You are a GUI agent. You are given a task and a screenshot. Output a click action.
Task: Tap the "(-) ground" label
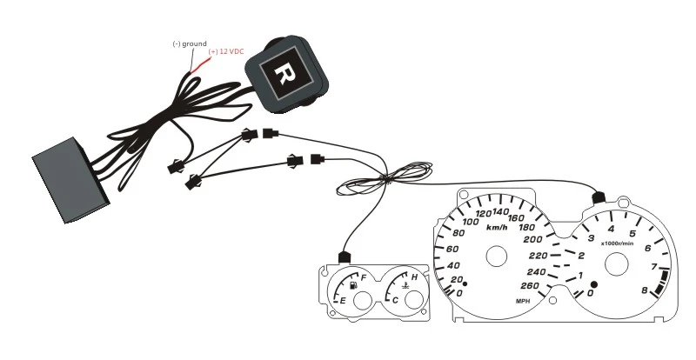188,43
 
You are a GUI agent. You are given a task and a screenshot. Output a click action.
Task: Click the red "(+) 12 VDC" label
226,51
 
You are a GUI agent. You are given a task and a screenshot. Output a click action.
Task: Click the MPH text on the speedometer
523,300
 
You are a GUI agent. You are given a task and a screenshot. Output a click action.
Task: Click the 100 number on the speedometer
473,222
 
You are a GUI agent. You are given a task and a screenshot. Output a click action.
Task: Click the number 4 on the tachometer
612,229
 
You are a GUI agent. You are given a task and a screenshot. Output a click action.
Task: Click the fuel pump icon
353,284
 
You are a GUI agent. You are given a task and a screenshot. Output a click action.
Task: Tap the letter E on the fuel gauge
343,301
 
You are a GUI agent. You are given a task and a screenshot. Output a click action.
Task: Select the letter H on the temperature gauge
414,277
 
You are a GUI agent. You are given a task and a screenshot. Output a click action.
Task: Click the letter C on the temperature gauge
396,300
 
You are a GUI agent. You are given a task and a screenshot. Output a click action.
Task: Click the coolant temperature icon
405,284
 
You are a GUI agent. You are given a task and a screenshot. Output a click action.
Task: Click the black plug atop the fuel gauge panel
342,257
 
